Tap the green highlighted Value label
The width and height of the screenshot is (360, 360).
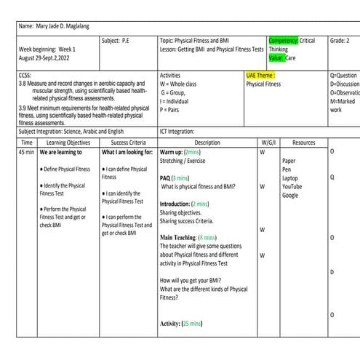click(x=276, y=57)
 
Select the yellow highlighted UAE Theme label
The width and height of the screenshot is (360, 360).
click(x=260, y=75)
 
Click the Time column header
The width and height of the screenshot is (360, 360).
click(x=26, y=143)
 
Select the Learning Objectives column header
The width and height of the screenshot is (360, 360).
click(x=68, y=143)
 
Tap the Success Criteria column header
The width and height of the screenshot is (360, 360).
click(x=128, y=143)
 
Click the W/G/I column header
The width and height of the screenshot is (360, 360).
click(x=267, y=143)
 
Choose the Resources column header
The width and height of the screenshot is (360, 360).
click(x=303, y=143)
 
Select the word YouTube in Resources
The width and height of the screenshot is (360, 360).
click(x=292, y=187)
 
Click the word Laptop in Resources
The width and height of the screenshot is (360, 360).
click(x=290, y=178)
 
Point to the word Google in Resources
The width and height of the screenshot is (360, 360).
click(x=290, y=196)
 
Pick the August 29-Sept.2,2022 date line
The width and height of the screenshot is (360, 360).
click(x=48, y=57)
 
